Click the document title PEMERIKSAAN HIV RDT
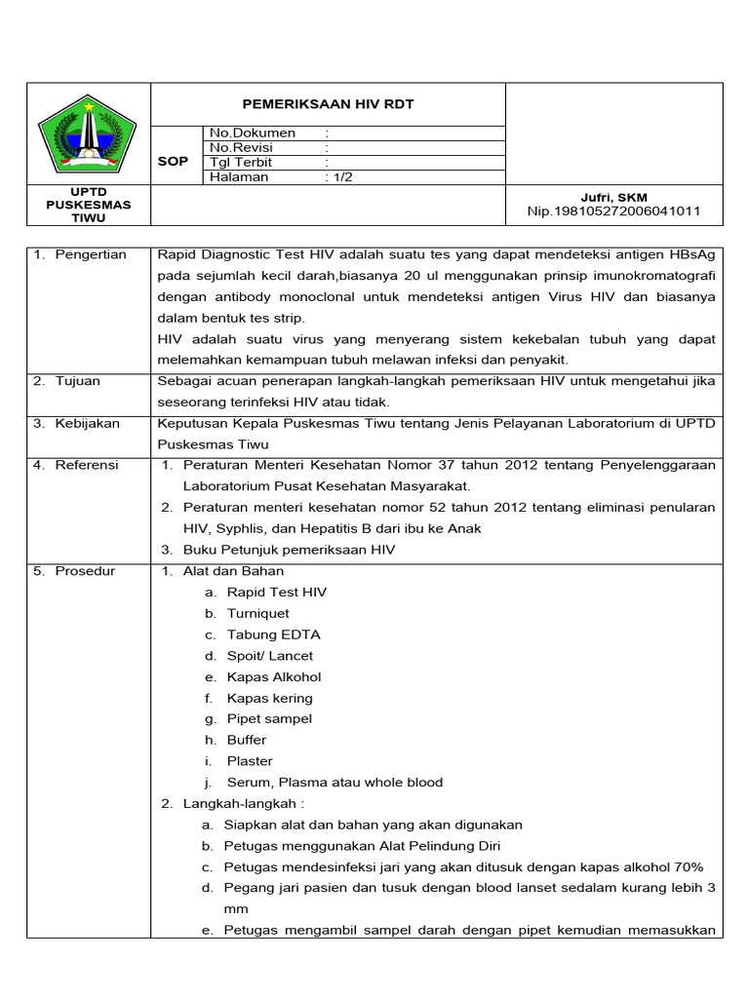pos(328,104)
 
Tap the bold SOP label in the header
pos(173,162)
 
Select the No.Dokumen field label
pos(252,133)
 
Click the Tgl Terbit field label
pos(241,162)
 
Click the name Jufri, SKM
pos(614,197)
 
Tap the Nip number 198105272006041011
pos(613,211)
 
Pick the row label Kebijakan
pos(87,423)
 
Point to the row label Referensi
pos(86,465)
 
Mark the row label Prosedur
pos(85,570)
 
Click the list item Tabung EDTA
pos(273,634)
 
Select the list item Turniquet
pos(257,613)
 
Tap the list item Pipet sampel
pos(269,718)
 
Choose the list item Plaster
pos(250,761)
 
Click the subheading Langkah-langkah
pos(244,803)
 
